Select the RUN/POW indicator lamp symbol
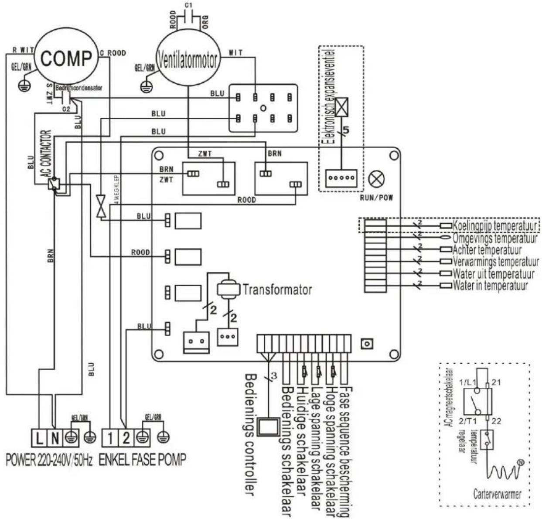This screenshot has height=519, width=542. pos(375,179)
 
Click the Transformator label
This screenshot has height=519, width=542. pos(277,290)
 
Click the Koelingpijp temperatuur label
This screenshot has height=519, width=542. pos(494,226)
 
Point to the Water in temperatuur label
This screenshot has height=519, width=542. pos(490,286)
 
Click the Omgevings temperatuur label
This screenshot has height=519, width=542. pos(494,239)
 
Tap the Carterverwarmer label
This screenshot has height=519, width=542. pos(497,494)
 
